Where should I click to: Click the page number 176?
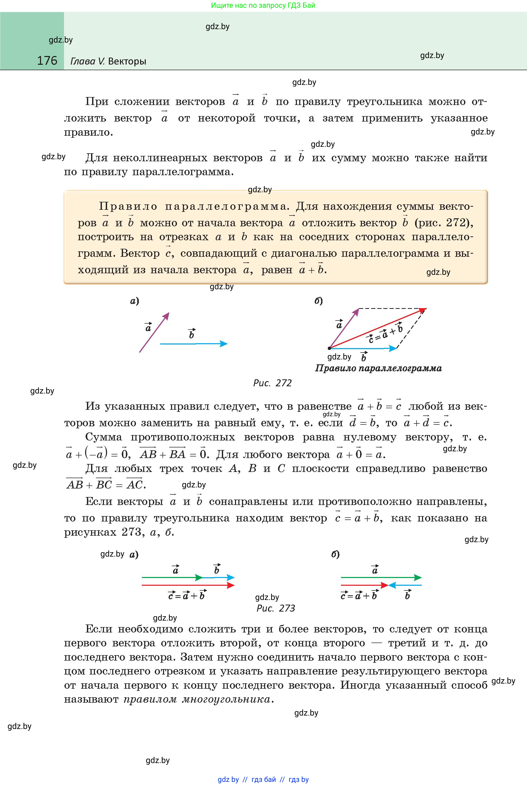(47, 61)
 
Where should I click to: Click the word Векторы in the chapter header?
(127, 61)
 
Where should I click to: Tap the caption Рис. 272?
(272, 383)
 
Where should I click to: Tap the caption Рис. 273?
(275, 608)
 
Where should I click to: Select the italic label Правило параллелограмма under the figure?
(378, 368)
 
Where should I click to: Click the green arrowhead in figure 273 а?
(199, 578)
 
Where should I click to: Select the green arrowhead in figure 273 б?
(418, 578)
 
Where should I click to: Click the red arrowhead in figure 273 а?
(231, 585)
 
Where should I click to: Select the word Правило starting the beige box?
(128, 206)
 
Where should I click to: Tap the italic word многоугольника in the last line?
(226, 699)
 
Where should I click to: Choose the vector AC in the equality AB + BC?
(134, 484)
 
